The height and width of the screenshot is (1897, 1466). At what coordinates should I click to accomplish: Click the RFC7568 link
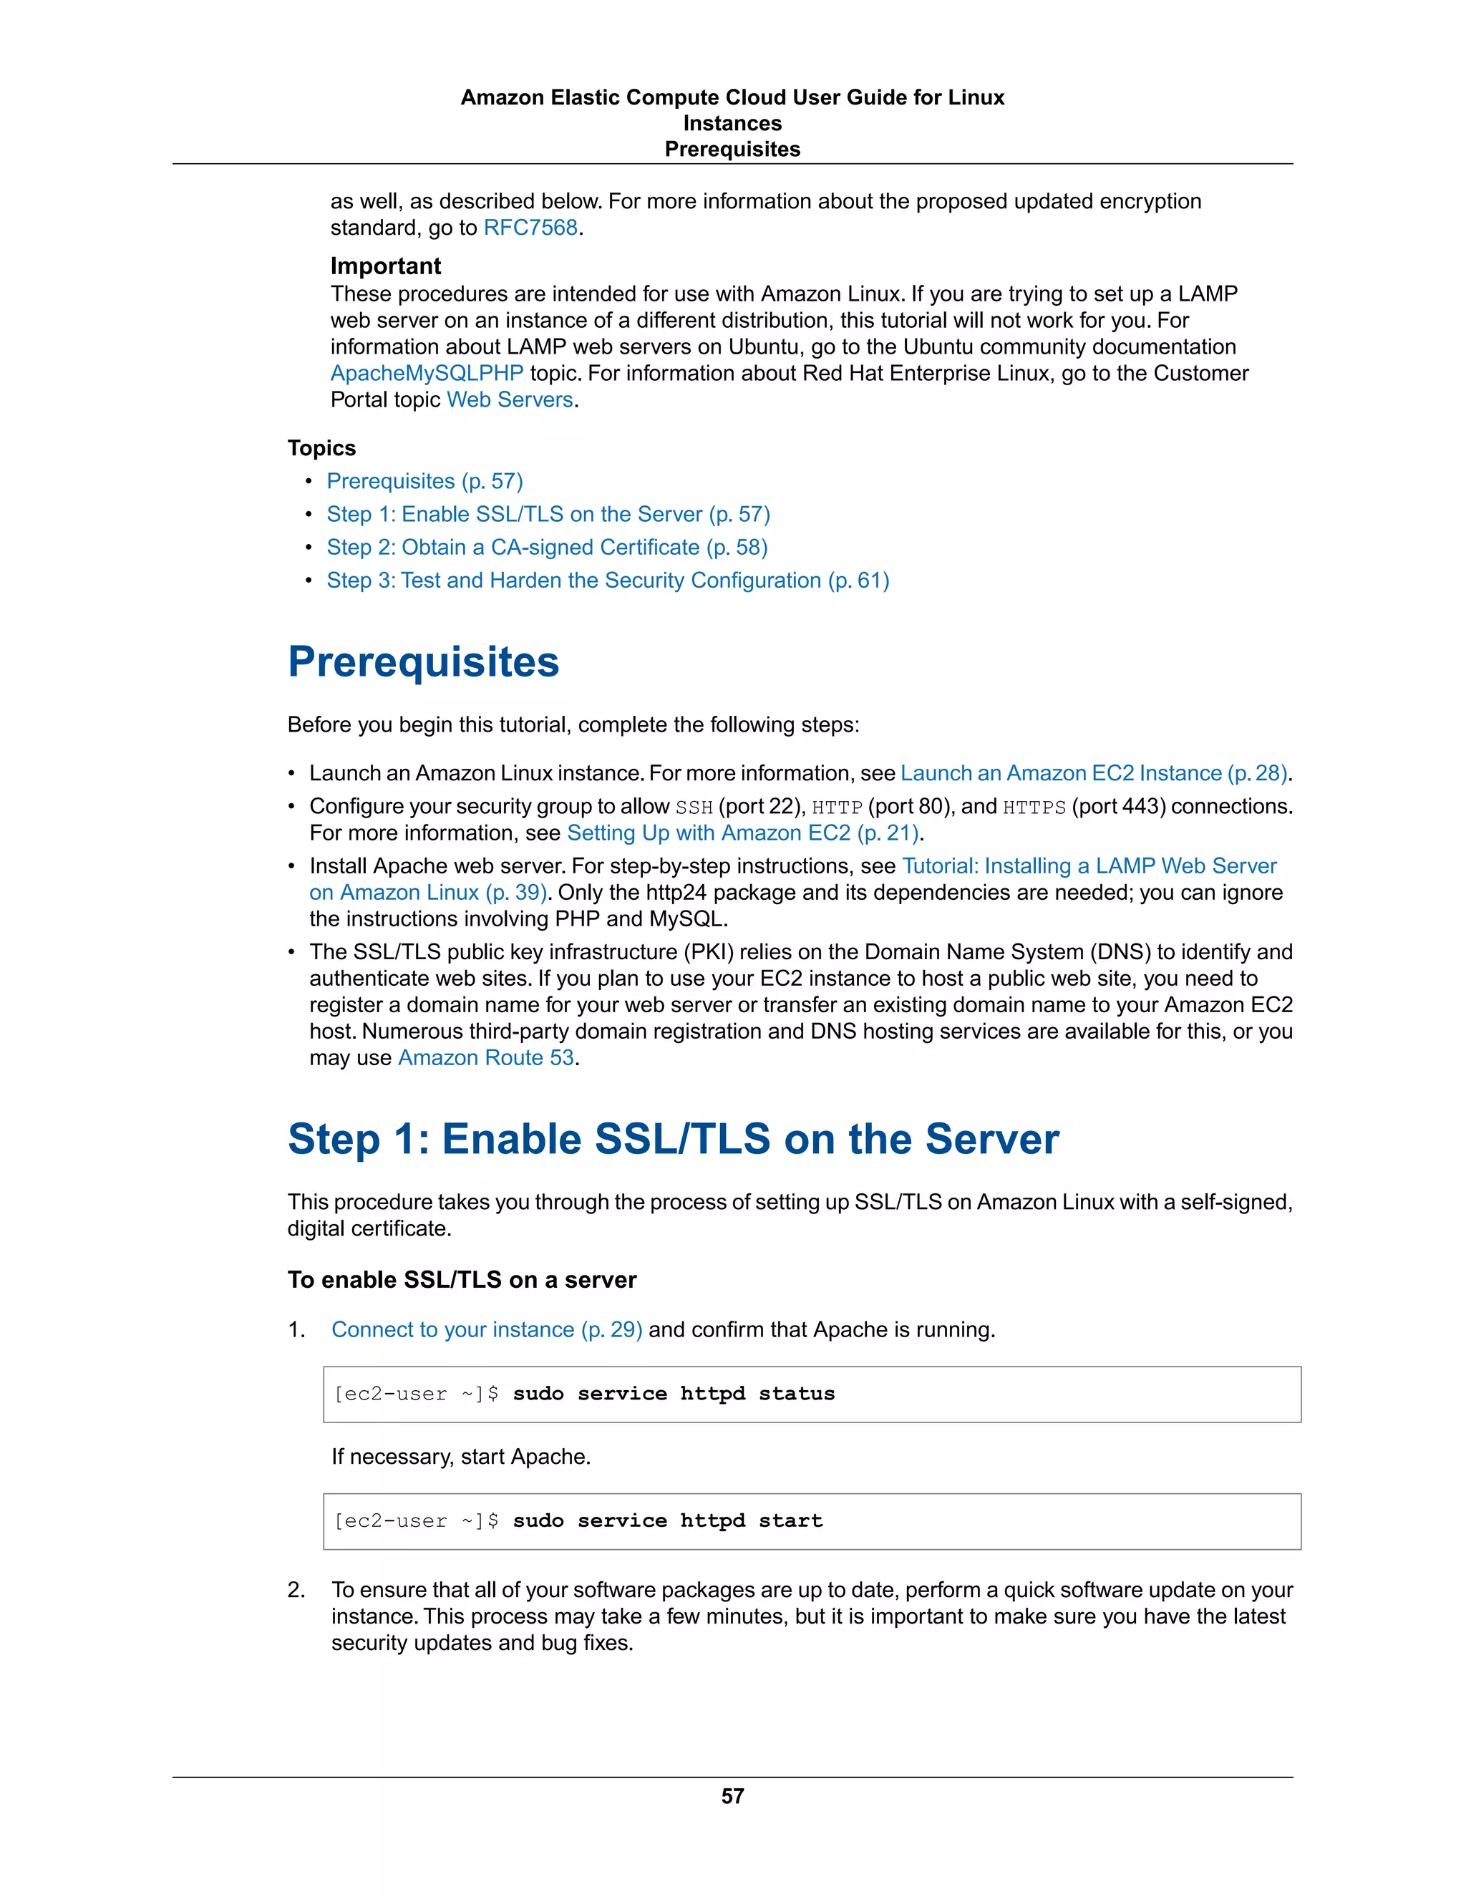pos(530,228)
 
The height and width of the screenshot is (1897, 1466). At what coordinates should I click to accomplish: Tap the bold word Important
pos(386,266)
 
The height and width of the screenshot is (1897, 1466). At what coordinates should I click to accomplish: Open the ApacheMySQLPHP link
pos(427,374)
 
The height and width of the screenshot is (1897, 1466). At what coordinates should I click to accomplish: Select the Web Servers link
pos(510,399)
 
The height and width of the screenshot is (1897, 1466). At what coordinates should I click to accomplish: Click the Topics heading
pos(321,448)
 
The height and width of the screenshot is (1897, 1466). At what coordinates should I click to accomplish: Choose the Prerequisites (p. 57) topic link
pos(424,481)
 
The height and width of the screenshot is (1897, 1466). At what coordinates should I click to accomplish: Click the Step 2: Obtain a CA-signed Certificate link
pos(547,547)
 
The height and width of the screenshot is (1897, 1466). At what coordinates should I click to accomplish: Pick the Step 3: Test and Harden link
pos(608,581)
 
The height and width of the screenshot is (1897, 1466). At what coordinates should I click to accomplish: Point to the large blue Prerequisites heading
pos(423,662)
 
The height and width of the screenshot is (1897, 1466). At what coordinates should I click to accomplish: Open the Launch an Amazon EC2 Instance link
pos(1092,773)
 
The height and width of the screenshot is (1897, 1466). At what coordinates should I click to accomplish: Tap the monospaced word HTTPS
pos(1034,807)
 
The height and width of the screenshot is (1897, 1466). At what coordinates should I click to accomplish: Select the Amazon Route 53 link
pos(485,1058)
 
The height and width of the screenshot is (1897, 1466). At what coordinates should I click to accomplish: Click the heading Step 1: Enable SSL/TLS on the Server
pos(673,1139)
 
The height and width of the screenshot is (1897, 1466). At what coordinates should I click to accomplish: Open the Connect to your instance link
pos(486,1330)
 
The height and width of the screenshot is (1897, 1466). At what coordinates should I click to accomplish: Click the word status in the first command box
pos(797,1394)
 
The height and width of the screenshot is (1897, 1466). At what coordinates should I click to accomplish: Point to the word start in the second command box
pos(790,1521)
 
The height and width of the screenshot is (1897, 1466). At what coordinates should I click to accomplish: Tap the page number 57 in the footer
pos(732,1795)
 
